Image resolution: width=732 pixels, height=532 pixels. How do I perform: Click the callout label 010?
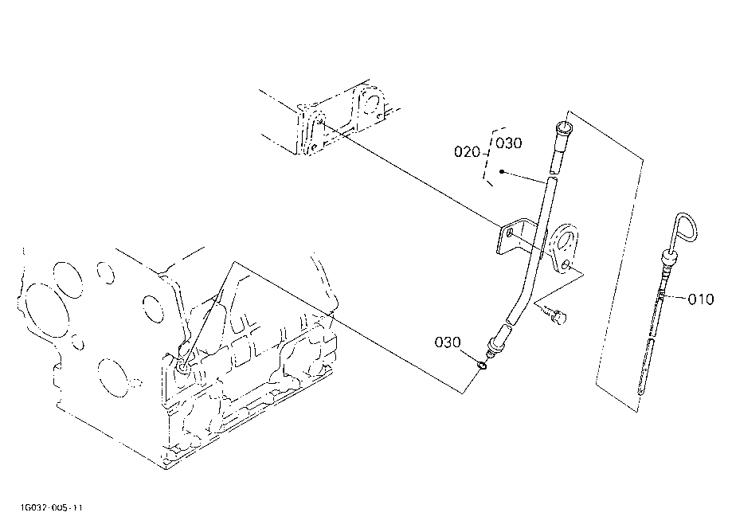pyautogui.click(x=701, y=299)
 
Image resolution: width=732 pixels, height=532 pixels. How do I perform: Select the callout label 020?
pyautogui.click(x=467, y=151)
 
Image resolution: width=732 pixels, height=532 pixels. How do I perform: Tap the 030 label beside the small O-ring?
pyautogui.click(x=447, y=342)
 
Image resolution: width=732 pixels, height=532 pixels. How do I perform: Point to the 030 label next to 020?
pyautogui.click(x=509, y=143)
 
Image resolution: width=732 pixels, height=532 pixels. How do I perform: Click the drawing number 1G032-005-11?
pyautogui.click(x=51, y=507)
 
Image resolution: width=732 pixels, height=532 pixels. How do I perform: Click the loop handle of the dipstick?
pyautogui.click(x=686, y=227)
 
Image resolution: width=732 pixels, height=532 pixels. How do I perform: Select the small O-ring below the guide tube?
pyautogui.click(x=482, y=366)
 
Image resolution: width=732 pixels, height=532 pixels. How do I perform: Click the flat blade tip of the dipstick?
pyautogui.click(x=644, y=368)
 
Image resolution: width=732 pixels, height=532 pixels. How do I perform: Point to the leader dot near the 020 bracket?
pyautogui.click(x=501, y=172)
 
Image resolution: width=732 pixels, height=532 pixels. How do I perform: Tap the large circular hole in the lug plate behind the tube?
pyautogui.click(x=566, y=241)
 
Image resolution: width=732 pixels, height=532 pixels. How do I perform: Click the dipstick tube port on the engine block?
pyautogui.click(x=182, y=368)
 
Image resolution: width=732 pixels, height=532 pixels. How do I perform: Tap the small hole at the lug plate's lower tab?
pyautogui.click(x=566, y=265)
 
